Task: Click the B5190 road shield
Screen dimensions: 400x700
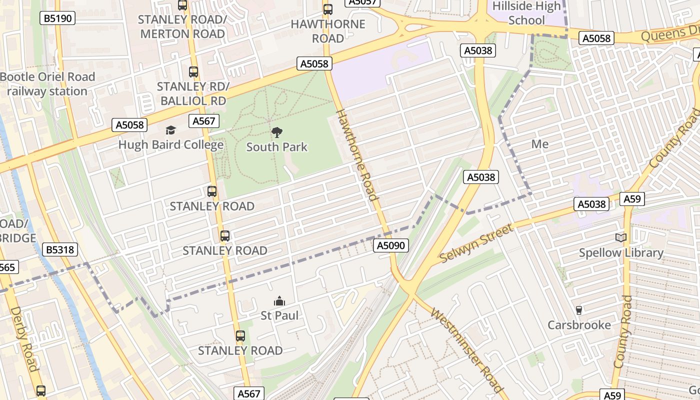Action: [57, 18]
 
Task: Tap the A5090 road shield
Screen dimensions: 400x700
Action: [391, 245]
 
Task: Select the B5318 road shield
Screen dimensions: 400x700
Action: [60, 249]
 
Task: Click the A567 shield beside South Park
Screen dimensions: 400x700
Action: [203, 120]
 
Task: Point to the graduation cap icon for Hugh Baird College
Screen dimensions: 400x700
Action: [171, 130]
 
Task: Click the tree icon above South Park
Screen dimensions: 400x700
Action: [276, 132]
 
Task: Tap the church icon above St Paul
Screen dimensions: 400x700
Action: [279, 301]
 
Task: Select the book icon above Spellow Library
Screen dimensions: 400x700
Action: [621, 238]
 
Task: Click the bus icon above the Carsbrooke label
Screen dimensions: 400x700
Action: [579, 310]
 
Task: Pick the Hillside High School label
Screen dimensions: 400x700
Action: [526, 13]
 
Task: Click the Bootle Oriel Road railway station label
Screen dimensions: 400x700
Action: [47, 84]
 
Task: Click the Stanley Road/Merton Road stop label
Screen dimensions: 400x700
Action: [182, 26]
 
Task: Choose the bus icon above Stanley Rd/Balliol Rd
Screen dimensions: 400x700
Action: [193, 72]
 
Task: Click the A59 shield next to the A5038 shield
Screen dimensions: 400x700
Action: [632, 199]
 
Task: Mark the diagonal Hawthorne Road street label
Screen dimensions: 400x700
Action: [356, 154]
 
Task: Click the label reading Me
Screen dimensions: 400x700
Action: [540, 144]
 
